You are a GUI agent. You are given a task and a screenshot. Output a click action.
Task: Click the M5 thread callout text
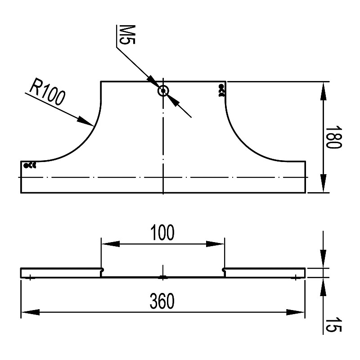click(x=126, y=35)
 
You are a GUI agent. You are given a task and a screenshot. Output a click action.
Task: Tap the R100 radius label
click(x=47, y=92)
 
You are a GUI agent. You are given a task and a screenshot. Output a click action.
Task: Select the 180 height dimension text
click(x=333, y=137)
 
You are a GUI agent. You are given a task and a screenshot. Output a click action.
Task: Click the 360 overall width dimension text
click(x=162, y=301)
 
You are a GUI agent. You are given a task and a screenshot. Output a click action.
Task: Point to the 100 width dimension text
click(x=162, y=233)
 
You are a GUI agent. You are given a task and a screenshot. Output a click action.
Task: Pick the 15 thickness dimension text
click(x=333, y=324)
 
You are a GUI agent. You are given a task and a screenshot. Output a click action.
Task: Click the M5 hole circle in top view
click(x=163, y=91)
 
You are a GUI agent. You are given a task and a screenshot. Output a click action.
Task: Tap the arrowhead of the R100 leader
click(x=85, y=121)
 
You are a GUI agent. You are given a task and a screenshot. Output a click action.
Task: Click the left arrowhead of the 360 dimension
click(x=30, y=312)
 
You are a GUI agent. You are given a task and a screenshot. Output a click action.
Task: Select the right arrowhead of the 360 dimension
click(x=296, y=312)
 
